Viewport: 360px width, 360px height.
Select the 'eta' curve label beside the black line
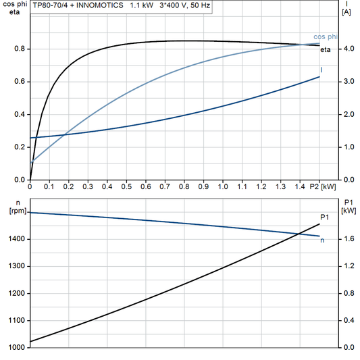tap(324, 49)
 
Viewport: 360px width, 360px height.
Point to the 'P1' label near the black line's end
tap(324, 216)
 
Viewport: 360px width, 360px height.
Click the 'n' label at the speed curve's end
tap(322, 240)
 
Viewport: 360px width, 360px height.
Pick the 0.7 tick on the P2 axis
tap(164, 186)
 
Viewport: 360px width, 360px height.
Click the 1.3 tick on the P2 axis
tap(280, 186)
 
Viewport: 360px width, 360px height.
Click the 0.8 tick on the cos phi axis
tap(21, 49)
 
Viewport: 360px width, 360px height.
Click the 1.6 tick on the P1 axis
tap(348, 239)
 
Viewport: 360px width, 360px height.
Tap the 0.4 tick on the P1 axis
tap(348, 321)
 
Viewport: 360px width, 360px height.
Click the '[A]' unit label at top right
tap(346, 12)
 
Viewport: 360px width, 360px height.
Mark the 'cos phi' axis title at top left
tap(14, 5)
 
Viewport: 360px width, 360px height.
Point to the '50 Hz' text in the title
tap(199, 5)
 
